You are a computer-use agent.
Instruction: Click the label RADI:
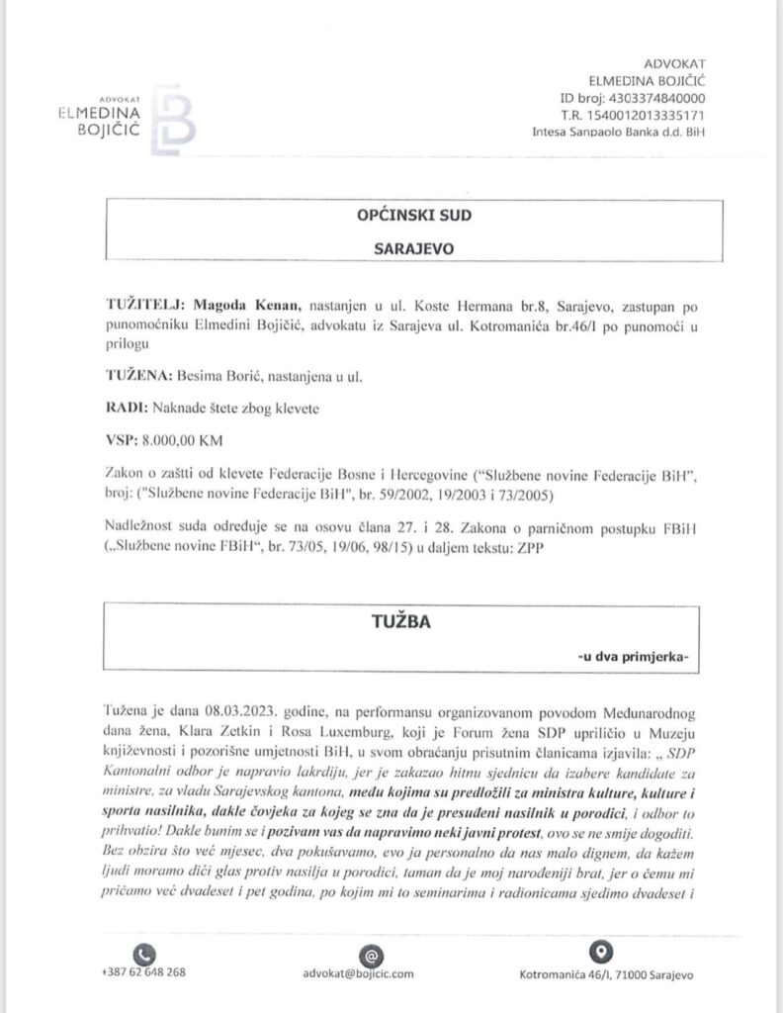click(x=124, y=409)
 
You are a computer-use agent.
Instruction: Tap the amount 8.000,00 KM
click(x=181, y=443)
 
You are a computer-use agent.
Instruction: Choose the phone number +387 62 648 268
click(x=143, y=973)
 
